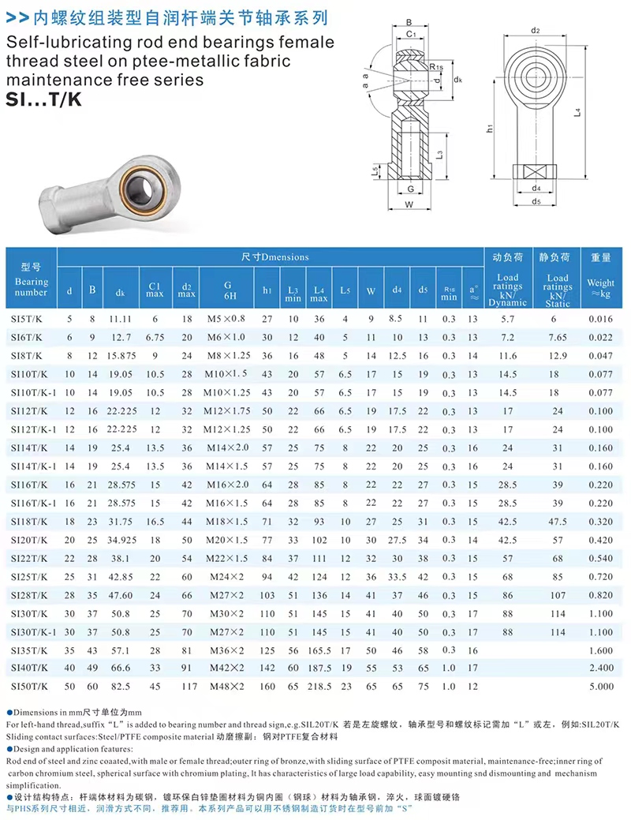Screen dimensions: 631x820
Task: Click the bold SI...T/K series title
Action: (x=44, y=99)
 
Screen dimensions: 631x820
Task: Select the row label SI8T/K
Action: (x=27, y=356)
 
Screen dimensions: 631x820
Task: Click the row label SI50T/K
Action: (x=29, y=686)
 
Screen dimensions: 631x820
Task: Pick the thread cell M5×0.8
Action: (x=226, y=319)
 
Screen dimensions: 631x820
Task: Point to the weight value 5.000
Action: (x=601, y=686)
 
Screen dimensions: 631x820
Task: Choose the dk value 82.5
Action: (x=120, y=686)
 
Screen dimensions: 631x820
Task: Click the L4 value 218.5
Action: (x=319, y=686)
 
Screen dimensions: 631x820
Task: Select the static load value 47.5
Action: (x=558, y=522)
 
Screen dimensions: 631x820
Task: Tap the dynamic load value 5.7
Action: (x=508, y=319)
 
